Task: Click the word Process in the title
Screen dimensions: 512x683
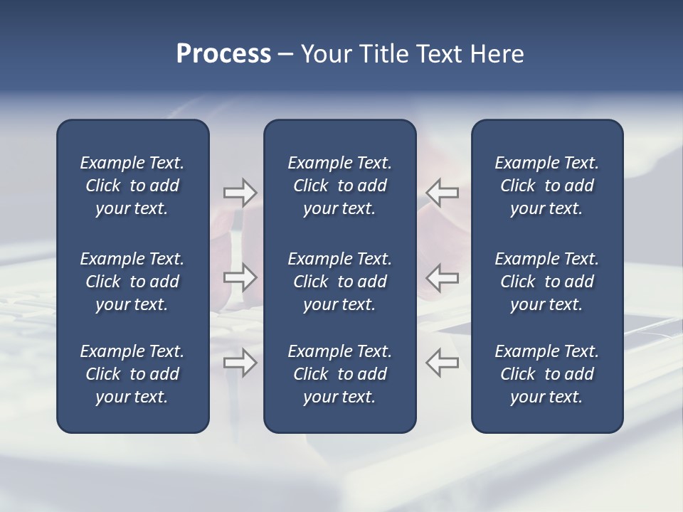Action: point(223,54)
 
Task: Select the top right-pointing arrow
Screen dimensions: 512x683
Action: point(240,192)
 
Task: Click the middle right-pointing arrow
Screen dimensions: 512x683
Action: point(240,277)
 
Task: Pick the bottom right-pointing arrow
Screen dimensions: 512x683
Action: point(240,363)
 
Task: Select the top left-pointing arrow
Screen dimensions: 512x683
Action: point(443,192)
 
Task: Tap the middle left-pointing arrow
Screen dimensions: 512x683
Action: point(443,277)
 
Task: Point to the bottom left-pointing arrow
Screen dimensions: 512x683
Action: point(443,363)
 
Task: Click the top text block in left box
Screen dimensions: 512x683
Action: point(132,186)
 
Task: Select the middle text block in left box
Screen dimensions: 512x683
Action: point(132,282)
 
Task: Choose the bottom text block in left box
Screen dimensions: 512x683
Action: point(132,374)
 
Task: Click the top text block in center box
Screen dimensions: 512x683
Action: point(339,186)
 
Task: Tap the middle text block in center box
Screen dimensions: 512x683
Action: point(339,282)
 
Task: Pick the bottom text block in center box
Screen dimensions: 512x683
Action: point(339,374)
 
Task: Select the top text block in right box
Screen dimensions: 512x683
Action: point(546,186)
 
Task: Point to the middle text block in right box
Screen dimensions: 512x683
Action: point(546,282)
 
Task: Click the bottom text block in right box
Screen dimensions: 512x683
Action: point(546,374)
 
